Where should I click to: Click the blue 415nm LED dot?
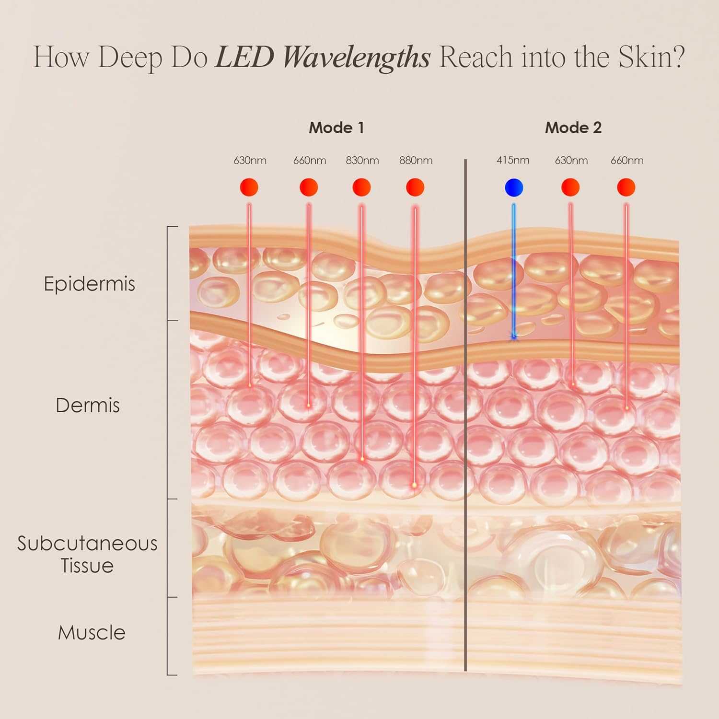coord(514,187)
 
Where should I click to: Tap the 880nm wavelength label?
coord(416,161)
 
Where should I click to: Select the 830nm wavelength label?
coord(362,161)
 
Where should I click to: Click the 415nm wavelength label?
coord(513,160)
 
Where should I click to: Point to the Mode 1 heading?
coord(336,128)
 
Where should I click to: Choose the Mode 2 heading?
coord(573,128)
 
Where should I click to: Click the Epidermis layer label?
coord(89,284)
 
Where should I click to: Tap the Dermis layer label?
coord(88,406)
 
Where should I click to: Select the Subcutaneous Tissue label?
coord(87,555)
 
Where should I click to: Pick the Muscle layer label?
coord(92,633)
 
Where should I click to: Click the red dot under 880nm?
coord(415,187)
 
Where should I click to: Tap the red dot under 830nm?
coord(361,187)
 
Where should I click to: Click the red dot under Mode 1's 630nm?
coord(249,187)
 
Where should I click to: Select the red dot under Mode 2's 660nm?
coord(626,187)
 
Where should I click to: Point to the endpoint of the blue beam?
coord(514,337)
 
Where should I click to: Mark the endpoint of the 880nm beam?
coord(415,486)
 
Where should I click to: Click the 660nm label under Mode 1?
coord(310,161)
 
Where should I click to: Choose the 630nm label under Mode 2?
coord(571,161)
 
